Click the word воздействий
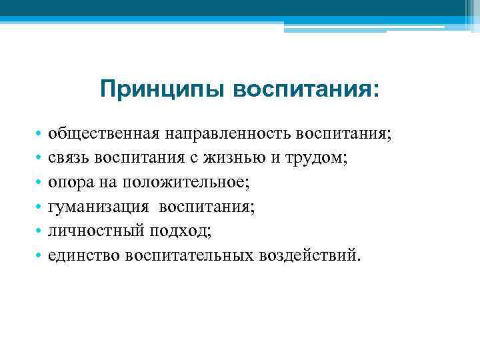point(310,255)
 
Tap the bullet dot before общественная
point(40,135)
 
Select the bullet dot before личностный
point(40,231)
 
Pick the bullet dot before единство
point(40,255)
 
